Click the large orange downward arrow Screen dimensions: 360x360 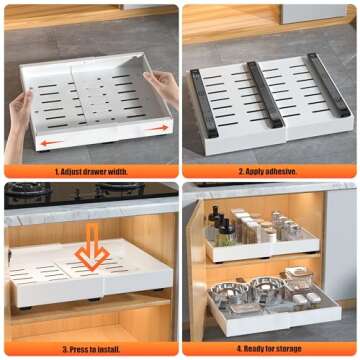click(x=92, y=254)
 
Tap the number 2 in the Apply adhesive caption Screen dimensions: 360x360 click(x=240, y=172)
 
